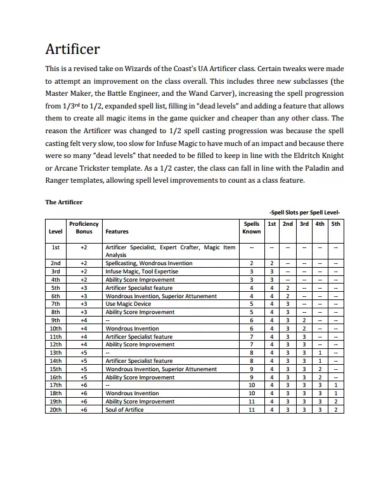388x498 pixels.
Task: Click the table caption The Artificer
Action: [64, 202]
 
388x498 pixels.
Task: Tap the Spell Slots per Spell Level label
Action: [305, 213]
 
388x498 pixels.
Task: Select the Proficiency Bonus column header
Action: [83, 228]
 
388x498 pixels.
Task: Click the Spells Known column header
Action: [251, 228]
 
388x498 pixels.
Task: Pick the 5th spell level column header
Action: [335, 224]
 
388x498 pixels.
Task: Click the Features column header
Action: [117, 232]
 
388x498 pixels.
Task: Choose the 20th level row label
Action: [56, 410]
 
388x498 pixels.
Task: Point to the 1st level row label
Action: [56, 247]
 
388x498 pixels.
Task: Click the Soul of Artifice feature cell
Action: [125, 410]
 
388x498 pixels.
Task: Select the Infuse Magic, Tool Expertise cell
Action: [142, 271]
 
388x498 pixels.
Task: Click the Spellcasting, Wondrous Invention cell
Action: [149, 263]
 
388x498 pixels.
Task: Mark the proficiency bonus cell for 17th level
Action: [84, 385]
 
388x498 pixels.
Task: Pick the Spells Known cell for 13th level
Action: [252, 353]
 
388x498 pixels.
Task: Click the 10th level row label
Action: [56, 329]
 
